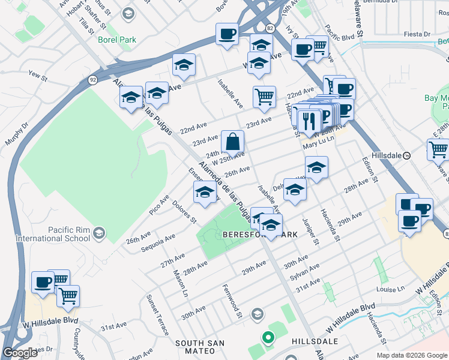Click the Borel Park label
[117, 40]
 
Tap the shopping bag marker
[232, 143]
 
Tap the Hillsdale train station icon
[406, 155]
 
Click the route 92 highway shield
[92, 79]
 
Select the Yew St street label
[37, 76]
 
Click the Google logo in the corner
[20, 353]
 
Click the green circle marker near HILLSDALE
[268, 338]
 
